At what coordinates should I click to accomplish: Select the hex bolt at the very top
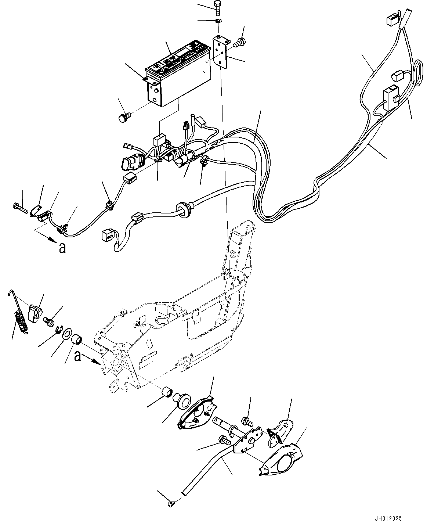tap(217, 7)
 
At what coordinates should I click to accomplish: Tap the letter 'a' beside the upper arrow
tap(62, 248)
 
